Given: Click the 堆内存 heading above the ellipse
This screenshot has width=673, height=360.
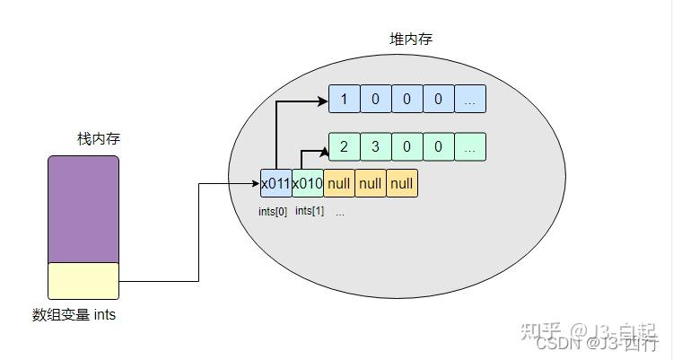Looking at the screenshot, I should pyautogui.click(x=411, y=40).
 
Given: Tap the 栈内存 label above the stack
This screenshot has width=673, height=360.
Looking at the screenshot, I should pyautogui.click(x=99, y=139).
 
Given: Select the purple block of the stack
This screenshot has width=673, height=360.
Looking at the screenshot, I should pyautogui.click(x=83, y=208).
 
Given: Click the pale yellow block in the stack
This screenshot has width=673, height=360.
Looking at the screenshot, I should pyautogui.click(x=83, y=280).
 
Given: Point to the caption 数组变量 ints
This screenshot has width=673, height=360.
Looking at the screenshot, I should pyautogui.click(x=74, y=315).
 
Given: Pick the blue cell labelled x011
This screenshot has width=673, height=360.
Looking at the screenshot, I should pyautogui.click(x=275, y=183).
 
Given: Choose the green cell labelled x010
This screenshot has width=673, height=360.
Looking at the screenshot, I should pyautogui.click(x=308, y=183).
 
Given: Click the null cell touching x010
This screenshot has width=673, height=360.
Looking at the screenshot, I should pyautogui.click(x=339, y=183).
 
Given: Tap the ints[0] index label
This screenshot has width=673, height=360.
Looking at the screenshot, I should pyautogui.click(x=272, y=212).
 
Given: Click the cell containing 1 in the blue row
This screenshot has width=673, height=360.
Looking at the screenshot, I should pyautogui.click(x=344, y=99).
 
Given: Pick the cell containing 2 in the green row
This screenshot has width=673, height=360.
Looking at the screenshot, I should pyautogui.click(x=344, y=146).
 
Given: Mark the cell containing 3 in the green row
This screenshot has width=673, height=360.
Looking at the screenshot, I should pyautogui.click(x=375, y=146).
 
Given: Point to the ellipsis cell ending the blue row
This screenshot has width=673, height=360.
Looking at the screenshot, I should pyautogui.click(x=469, y=99).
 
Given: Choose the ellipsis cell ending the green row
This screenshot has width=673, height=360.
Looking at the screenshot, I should pyautogui.click(x=469, y=146).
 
